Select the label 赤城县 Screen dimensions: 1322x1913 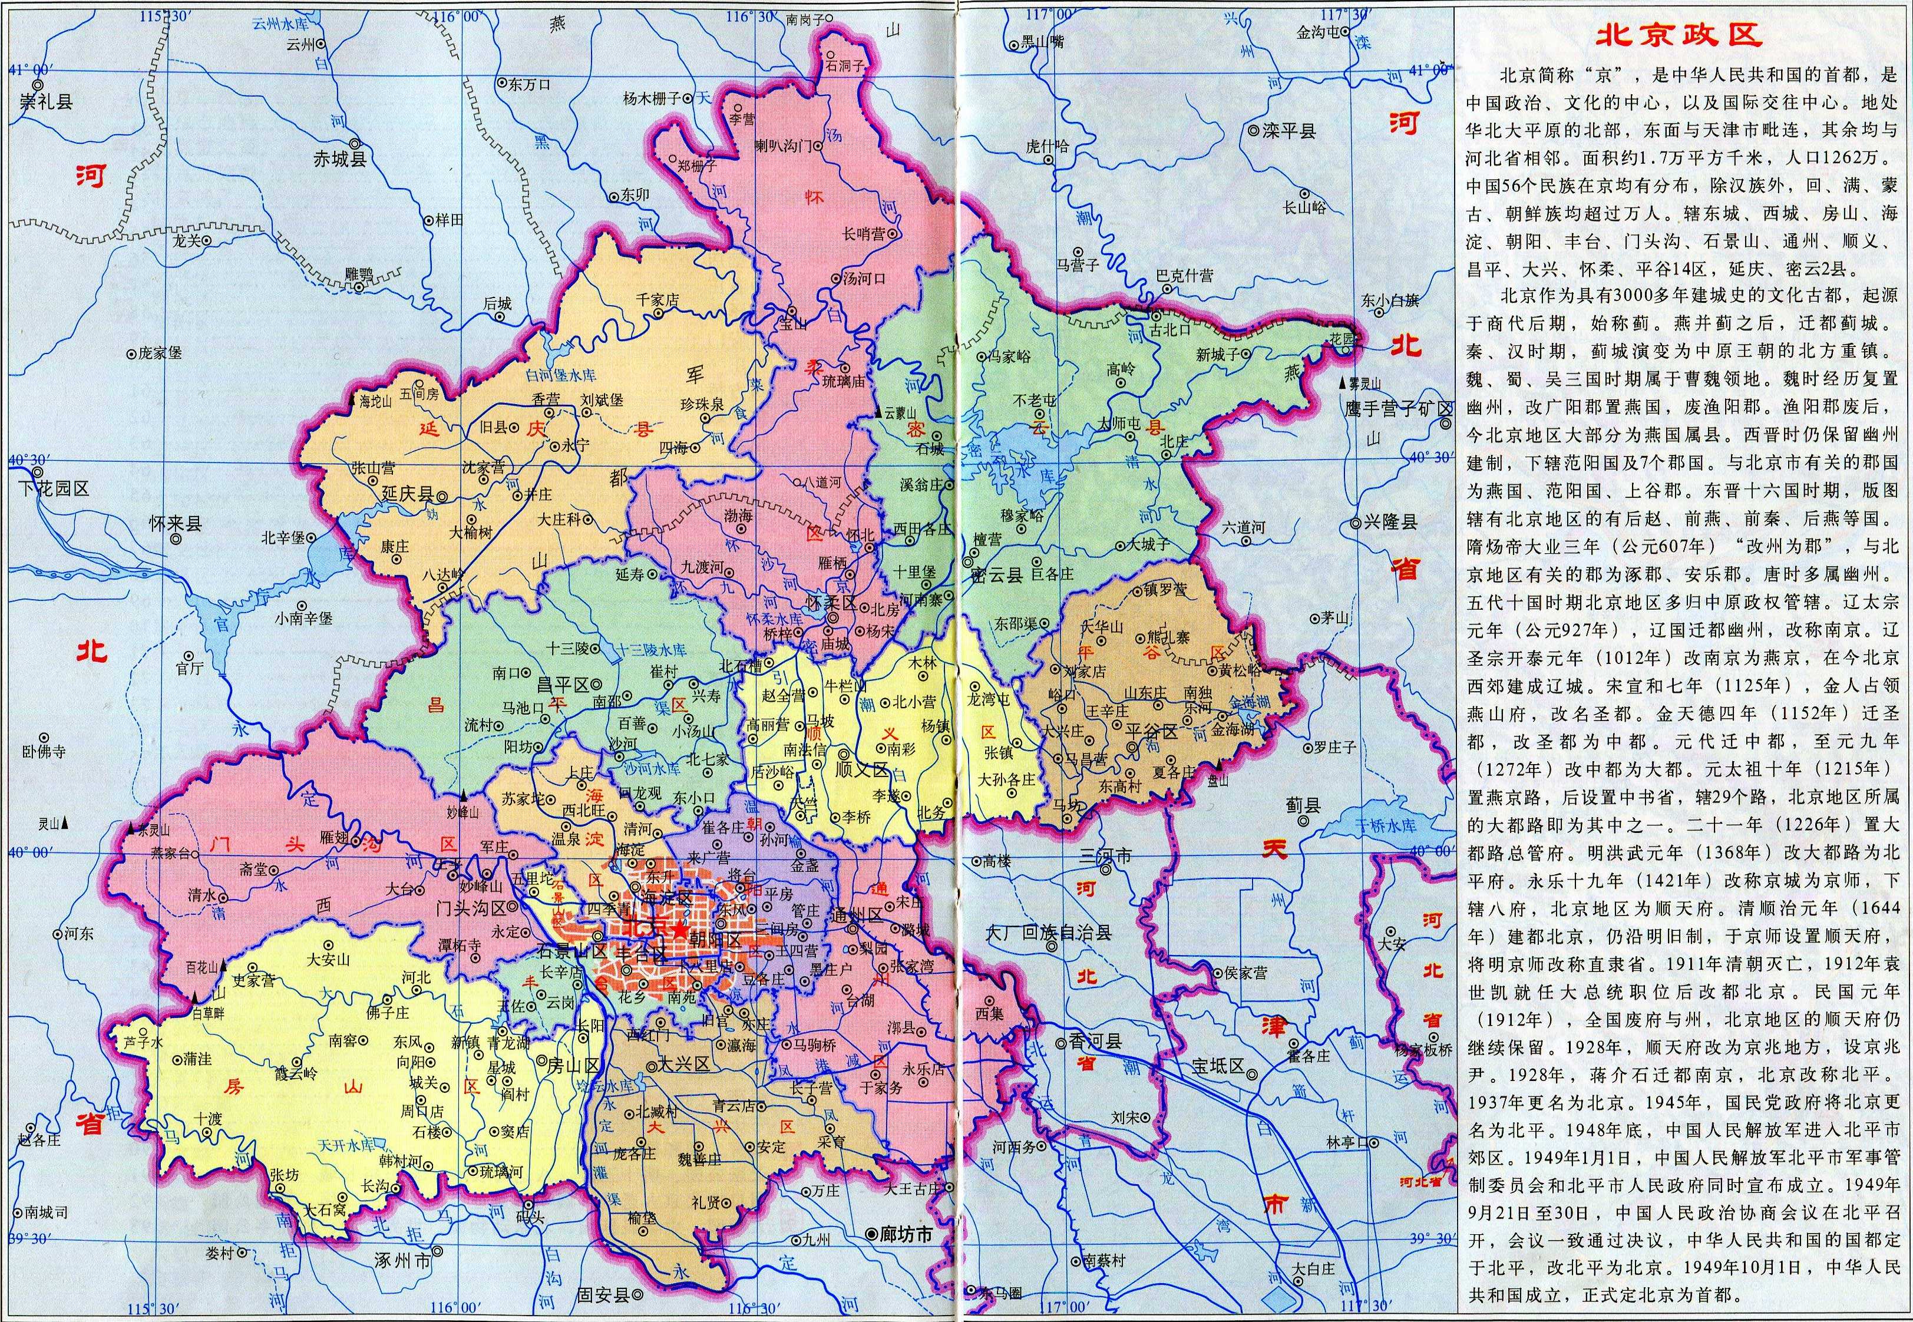pyautogui.click(x=339, y=160)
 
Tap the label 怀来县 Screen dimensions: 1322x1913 pyautogui.click(x=176, y=524)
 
